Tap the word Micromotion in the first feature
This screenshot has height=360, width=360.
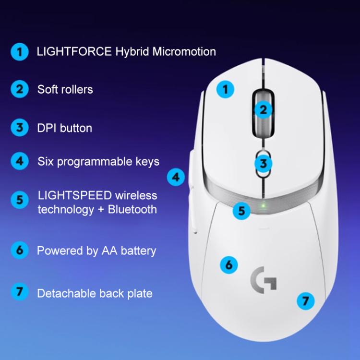pos(184,51)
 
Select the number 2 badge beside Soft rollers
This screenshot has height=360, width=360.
pos(20,89)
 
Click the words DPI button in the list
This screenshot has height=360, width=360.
pos(64,128)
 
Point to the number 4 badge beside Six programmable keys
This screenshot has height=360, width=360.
pos(20,161)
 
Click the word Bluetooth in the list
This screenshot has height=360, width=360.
pos(132,209)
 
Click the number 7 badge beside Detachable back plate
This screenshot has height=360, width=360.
pos(20,292)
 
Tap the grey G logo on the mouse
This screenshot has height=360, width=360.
pos(264,279)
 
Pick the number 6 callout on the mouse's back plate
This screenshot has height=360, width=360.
pos(229,264)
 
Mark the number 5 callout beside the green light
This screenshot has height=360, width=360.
pos(241,210)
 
